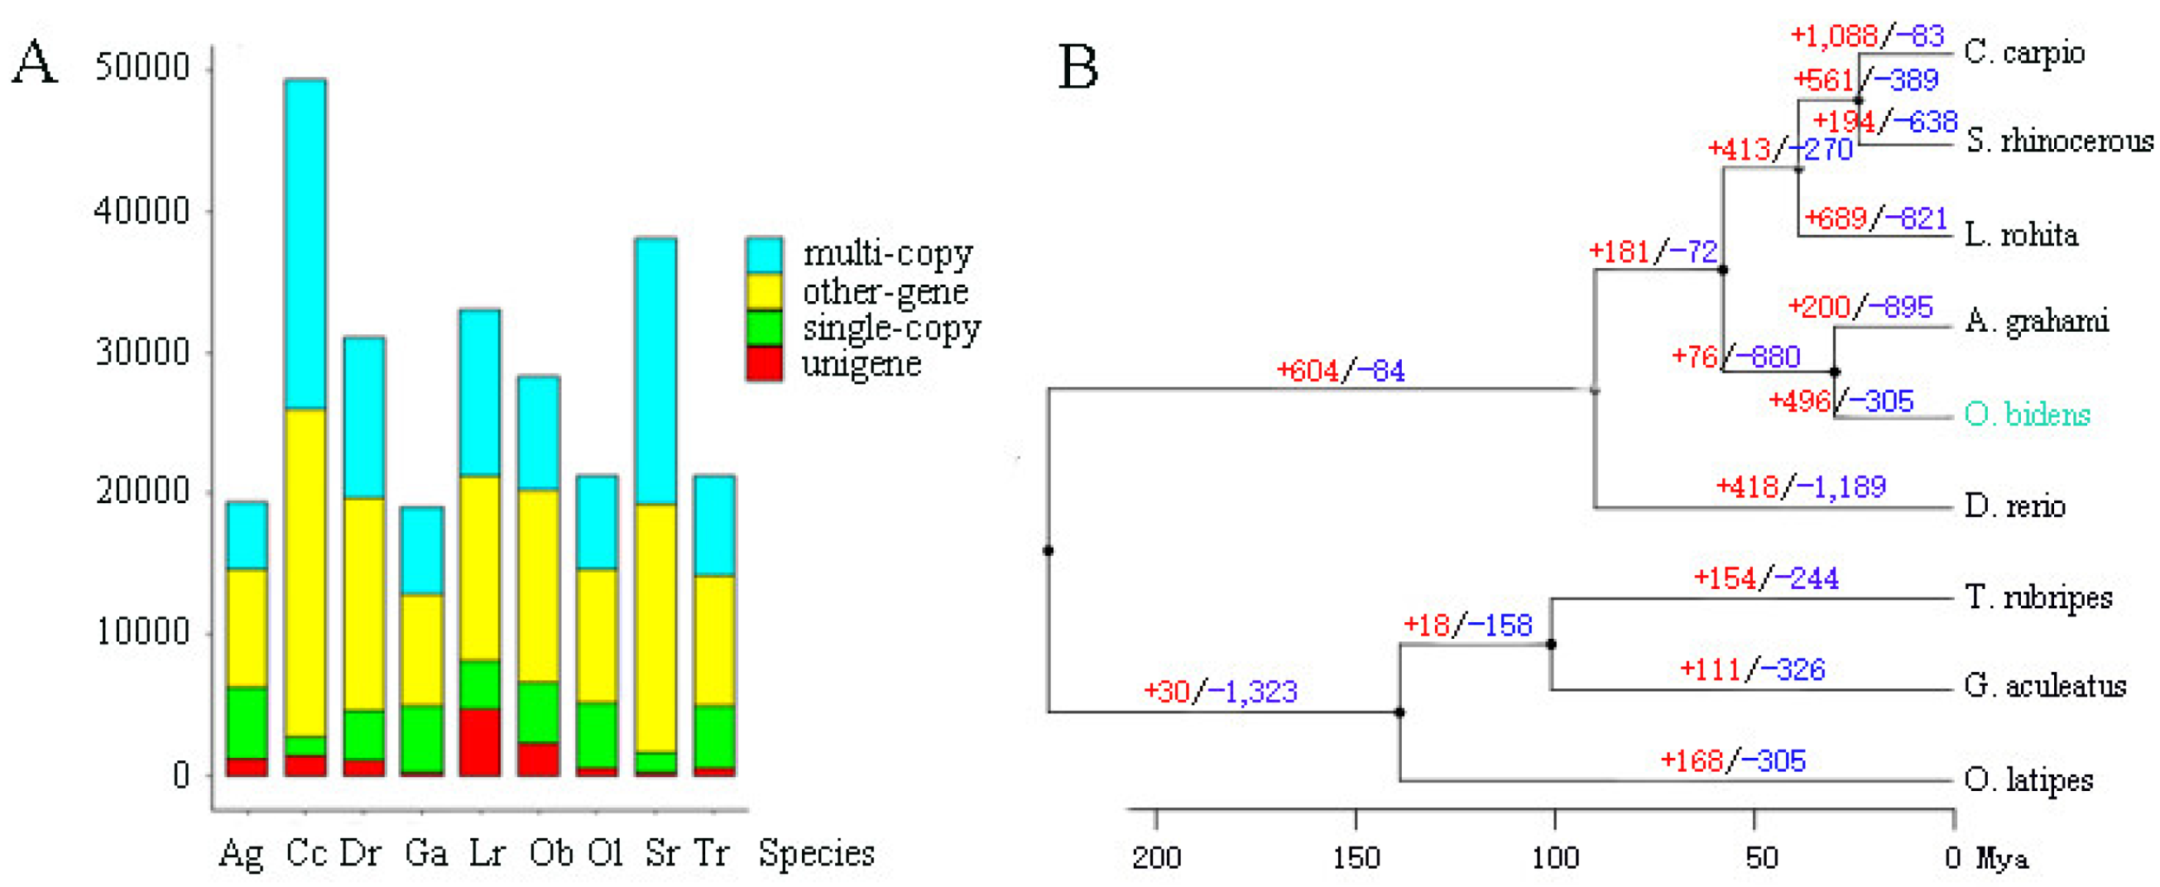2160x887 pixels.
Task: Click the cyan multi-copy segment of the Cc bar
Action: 305,243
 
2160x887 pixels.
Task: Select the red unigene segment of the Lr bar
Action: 480,742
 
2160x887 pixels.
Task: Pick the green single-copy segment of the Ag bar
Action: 247,722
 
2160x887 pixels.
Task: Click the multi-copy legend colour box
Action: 764,255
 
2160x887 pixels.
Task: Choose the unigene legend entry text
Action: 862,364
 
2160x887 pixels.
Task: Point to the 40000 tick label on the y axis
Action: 142,209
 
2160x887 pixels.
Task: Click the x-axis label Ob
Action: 551,853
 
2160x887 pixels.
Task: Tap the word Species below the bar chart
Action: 816,853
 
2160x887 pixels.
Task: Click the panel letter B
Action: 1078,67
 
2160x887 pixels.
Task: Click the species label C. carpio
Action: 2023,53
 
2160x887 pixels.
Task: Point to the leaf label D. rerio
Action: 2014,506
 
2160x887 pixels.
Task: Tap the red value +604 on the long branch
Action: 1308,371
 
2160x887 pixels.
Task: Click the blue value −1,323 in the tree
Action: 1252,692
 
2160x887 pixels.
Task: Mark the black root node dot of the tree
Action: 1048,551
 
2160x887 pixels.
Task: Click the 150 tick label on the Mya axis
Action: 1356,858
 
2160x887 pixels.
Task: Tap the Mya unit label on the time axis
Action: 2003,859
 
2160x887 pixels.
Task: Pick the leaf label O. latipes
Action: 2028,780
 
